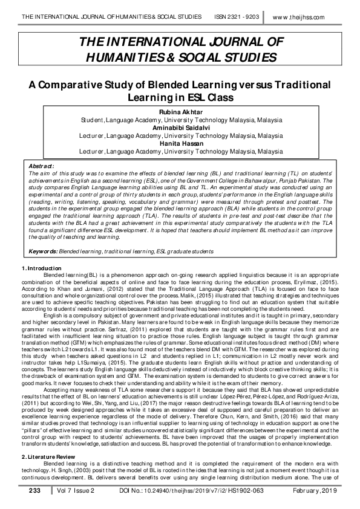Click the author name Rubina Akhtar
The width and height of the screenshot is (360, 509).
click(181, 113)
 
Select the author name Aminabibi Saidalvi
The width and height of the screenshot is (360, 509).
click(181, 129)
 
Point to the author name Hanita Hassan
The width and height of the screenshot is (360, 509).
click(181, 144)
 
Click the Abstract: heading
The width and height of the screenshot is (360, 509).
click(42, 164)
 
